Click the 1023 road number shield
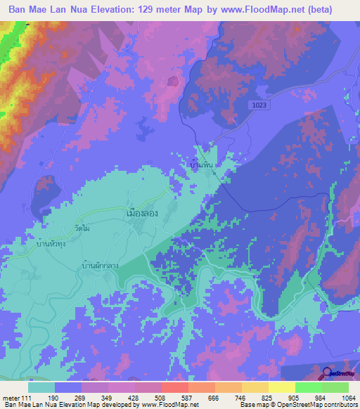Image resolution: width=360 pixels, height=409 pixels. point(260,105)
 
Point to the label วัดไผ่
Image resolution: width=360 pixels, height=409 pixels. point(82,229)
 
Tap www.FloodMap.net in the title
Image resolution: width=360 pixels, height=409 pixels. point(273,10)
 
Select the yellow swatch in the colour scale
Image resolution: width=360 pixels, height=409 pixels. point(282,387)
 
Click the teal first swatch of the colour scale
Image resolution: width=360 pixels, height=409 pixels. point(41,387)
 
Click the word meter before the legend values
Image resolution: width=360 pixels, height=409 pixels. point(10,397)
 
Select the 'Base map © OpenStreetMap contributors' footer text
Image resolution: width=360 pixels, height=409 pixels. point(298,405)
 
